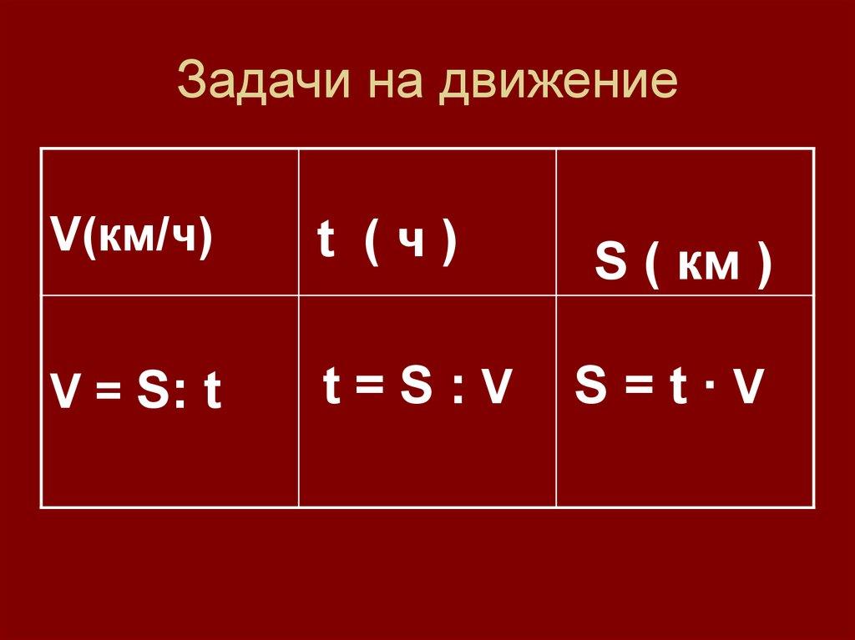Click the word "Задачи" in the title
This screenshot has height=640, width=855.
[250, 83]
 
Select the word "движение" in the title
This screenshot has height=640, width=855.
[559, 83]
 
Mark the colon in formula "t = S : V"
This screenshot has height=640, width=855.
[458, 390]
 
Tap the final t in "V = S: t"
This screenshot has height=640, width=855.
[213, 393]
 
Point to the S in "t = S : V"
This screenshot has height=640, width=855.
[414, 386]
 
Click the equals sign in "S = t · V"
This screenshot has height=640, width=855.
[633, 388]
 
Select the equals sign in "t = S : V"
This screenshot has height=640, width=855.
[367, 389]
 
